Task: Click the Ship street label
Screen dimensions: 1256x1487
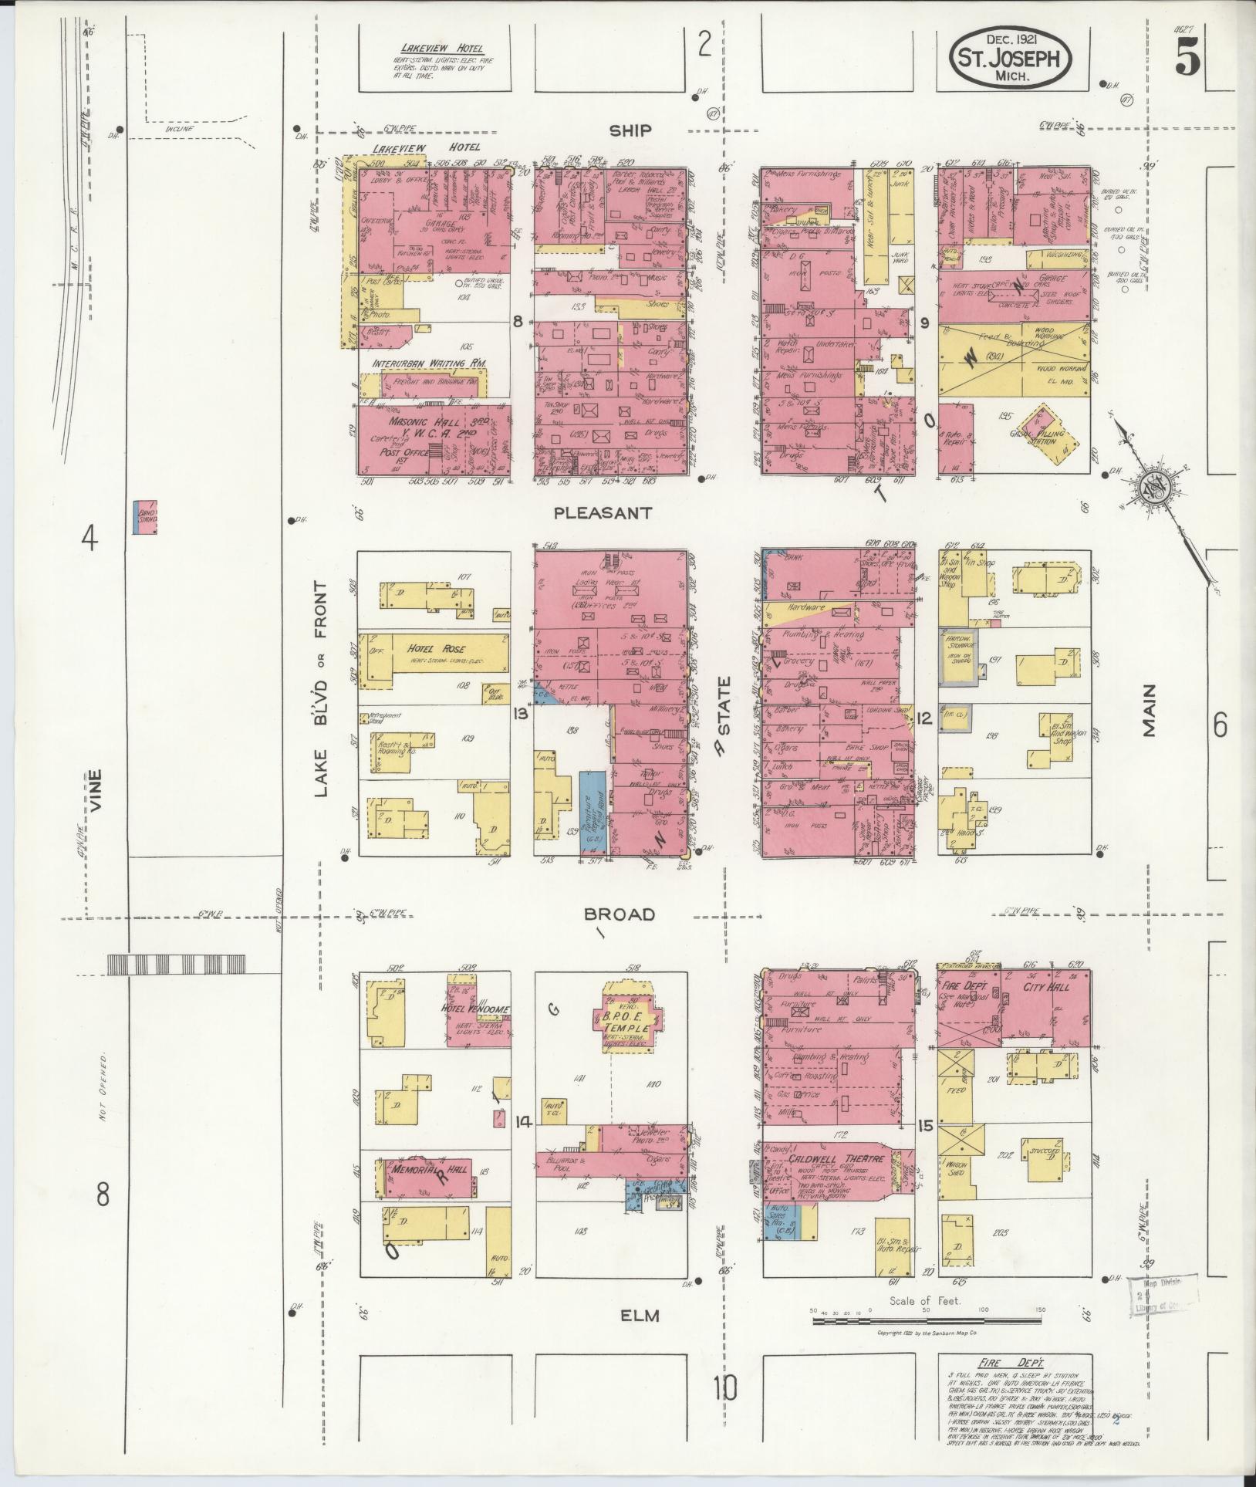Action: (x=630, y=131)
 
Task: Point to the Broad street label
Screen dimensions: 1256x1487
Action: (x=620, y=914)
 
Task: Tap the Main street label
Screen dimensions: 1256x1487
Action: (x=1150, y=711)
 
